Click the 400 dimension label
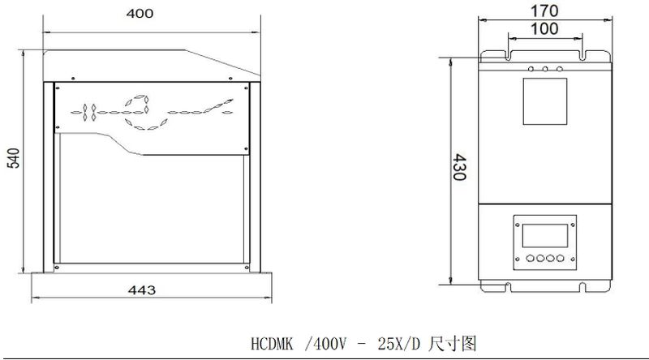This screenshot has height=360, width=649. pyautogui.click(x=140, y=14)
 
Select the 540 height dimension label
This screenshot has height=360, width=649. pyautogui.click(x=14, y=158)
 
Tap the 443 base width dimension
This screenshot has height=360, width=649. pyautogui.click(x=142, y=290)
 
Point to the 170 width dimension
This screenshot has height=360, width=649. pyautogui.click(x=544, y=11)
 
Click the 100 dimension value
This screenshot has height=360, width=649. pyautogui.click(x=544, y=29)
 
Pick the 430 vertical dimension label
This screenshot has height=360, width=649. pyautogui.click(x=459, y=167)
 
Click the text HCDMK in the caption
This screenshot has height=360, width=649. pyautogui.click(x=272, y=345)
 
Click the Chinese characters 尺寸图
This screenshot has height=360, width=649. pyautogui.click(x=453, y=344)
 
